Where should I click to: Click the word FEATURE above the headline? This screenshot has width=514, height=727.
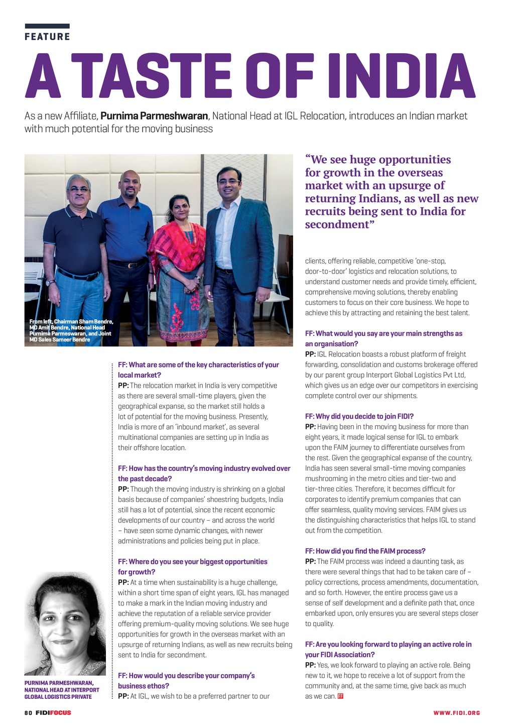coord(47,37)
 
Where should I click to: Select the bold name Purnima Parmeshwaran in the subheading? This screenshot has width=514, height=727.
coord(154,116)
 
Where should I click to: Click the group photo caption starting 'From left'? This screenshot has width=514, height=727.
coord(71,330)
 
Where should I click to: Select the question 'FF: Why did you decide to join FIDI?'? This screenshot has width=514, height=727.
coord(359,416)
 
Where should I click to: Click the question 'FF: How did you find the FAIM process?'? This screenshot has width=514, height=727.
coord(365,551)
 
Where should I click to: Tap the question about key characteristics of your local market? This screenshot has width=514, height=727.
coord(198,370)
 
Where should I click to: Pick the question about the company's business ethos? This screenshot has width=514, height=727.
coord(186,680)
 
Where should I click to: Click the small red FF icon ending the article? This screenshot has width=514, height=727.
coord(341,696)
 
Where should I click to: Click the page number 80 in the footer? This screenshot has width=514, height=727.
coord(28,712)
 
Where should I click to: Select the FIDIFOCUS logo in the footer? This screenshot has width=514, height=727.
coord(53,712)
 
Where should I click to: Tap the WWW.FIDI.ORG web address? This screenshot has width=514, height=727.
coord(457,713)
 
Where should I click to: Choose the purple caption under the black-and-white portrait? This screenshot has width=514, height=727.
coord(62,690)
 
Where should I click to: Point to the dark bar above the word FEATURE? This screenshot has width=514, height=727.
coord(47,26)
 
